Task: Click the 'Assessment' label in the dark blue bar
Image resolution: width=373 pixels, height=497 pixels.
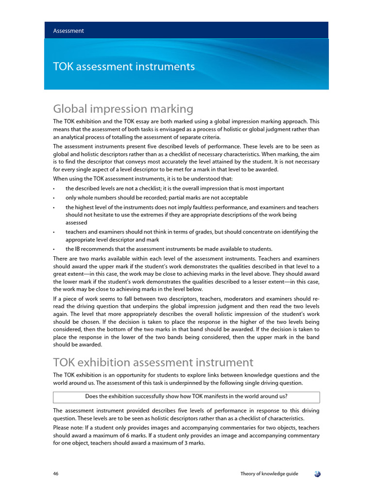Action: click(x=68, y=31)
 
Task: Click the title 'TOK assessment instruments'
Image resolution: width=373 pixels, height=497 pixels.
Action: click(x=124, y=66)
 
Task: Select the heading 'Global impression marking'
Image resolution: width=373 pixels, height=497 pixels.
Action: click(x=123, y=109)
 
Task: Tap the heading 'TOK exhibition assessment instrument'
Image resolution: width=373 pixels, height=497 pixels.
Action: click(x=153, y=362)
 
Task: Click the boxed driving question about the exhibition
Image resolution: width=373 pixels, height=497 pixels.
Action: click(x=186, y=397)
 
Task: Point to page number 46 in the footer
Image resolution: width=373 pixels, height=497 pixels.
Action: click(x=56, y=474)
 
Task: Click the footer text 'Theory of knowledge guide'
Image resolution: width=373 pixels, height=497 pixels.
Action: click(x=270, y=474)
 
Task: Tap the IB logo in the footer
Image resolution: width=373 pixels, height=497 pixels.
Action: click(x=317, y=474)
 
